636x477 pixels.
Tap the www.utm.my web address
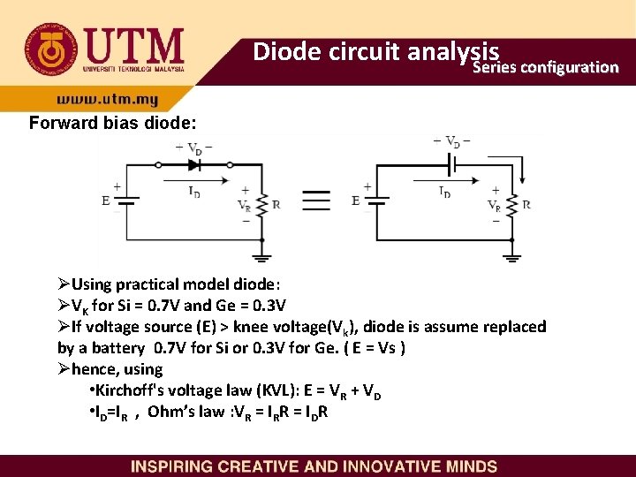tap(108, 100)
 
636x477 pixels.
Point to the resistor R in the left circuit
tap(263, 203)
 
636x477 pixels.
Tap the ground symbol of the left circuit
tap(262, 257)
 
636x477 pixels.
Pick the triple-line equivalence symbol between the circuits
tap(316, 199)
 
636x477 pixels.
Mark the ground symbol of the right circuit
tap(512, 257)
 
